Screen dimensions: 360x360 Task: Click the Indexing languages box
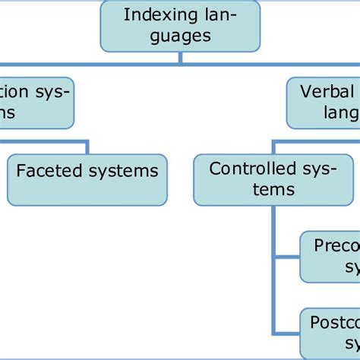[180, 26]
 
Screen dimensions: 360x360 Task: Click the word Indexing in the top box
[150, 14]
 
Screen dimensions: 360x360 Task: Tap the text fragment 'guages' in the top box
[180, 36]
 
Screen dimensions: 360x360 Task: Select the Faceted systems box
[87, 180]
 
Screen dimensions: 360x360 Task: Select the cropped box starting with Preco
[331, 256]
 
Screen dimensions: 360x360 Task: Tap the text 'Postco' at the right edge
[335, 323]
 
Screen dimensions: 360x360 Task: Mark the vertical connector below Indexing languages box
[180, 57]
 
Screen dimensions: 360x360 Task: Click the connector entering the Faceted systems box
[88, 147]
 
